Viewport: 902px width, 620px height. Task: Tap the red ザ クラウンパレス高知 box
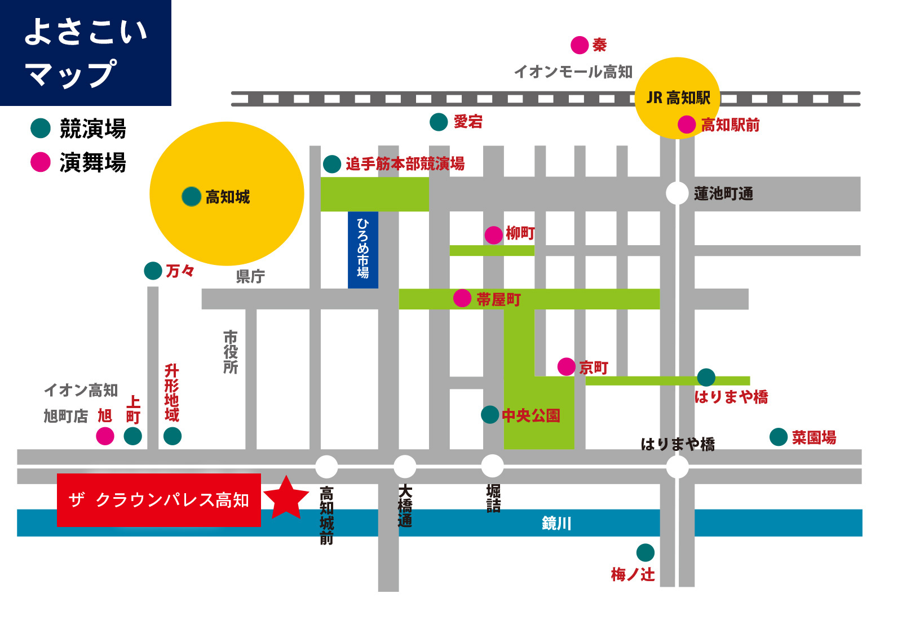click(x=158, y=500)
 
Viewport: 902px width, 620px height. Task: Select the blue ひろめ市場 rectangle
click(x=362, y=250)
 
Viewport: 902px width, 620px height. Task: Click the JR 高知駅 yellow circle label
click(x=678, y=98)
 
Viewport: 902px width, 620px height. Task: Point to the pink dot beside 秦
click(x=580, y=45)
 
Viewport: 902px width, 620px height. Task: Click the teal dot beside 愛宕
click(x=439, y=122)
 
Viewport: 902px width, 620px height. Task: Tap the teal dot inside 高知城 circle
click(x=192, y=197)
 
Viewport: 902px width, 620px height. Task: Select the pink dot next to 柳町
click(x=494, y=234)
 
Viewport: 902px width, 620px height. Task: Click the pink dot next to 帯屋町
click(x=462, y=298)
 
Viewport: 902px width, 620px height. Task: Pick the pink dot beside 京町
click(x=566, y=366)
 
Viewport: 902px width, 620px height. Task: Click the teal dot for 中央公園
click(x=490, y=415)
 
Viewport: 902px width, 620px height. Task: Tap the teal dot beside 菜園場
click(x=779, y=437)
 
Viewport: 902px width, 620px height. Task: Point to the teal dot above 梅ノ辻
click(x=645, y=552)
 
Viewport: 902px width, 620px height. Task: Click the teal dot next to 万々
click(x=153, y=271)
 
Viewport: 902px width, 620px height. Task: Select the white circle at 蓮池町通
click(x=677, y=193)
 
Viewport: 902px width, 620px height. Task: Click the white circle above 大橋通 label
click(x=404, y=467)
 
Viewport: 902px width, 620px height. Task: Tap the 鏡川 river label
click(x=556, y=523)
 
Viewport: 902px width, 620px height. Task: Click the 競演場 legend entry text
click(x=92, y=129)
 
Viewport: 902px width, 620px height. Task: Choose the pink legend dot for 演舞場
click(x=41, y=162)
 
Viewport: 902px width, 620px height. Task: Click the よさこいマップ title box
click(x=86, y=52)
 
